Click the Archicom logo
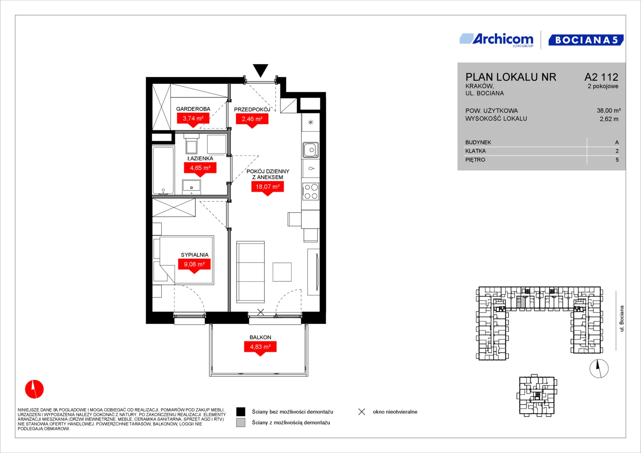click(497, 40)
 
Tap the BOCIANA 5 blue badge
click(586, 40)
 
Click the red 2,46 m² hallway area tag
click(252, 120)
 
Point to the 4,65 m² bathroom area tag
click(200, 169)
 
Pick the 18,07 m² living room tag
click(267, 187)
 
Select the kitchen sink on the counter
click(311, 150)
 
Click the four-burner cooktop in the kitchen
click(311, 192)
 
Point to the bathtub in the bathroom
click(163, 170)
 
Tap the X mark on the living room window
click(260, 312)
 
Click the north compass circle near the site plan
click(599, 368)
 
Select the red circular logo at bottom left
click(34, 389)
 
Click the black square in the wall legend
click(241, 412)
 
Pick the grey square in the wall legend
click(241, 423)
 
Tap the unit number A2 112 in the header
click(601, 77)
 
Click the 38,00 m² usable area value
click(609, 111)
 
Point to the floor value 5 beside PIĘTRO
click(617, 160)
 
